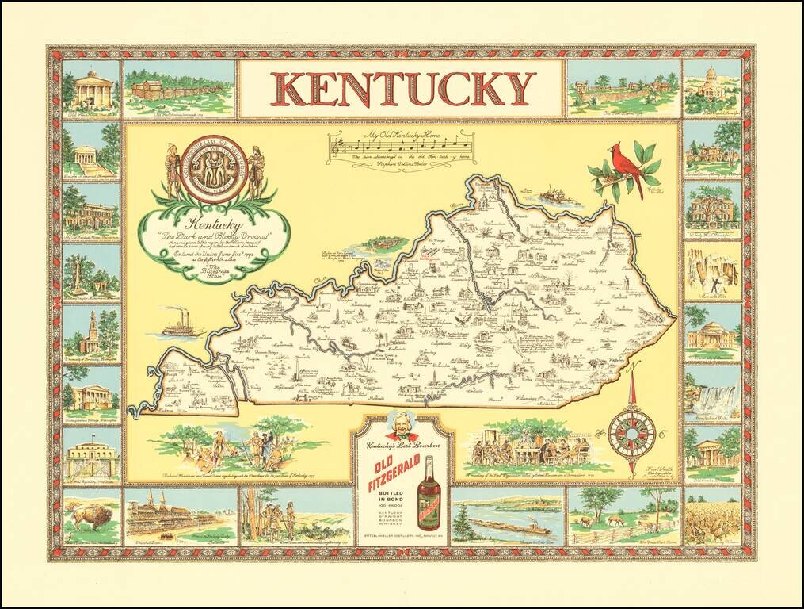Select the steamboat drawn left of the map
[x=183, y=327]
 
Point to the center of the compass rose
[x=631, y=432]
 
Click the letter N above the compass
[x=631, y=366]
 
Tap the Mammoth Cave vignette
[x=713, y=271]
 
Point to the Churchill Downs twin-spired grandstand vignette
[x=180, y=515]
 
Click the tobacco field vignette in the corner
[x=713, y=517]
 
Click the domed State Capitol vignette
[x=713, y=86]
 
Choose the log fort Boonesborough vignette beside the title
[x=180, y=87]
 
